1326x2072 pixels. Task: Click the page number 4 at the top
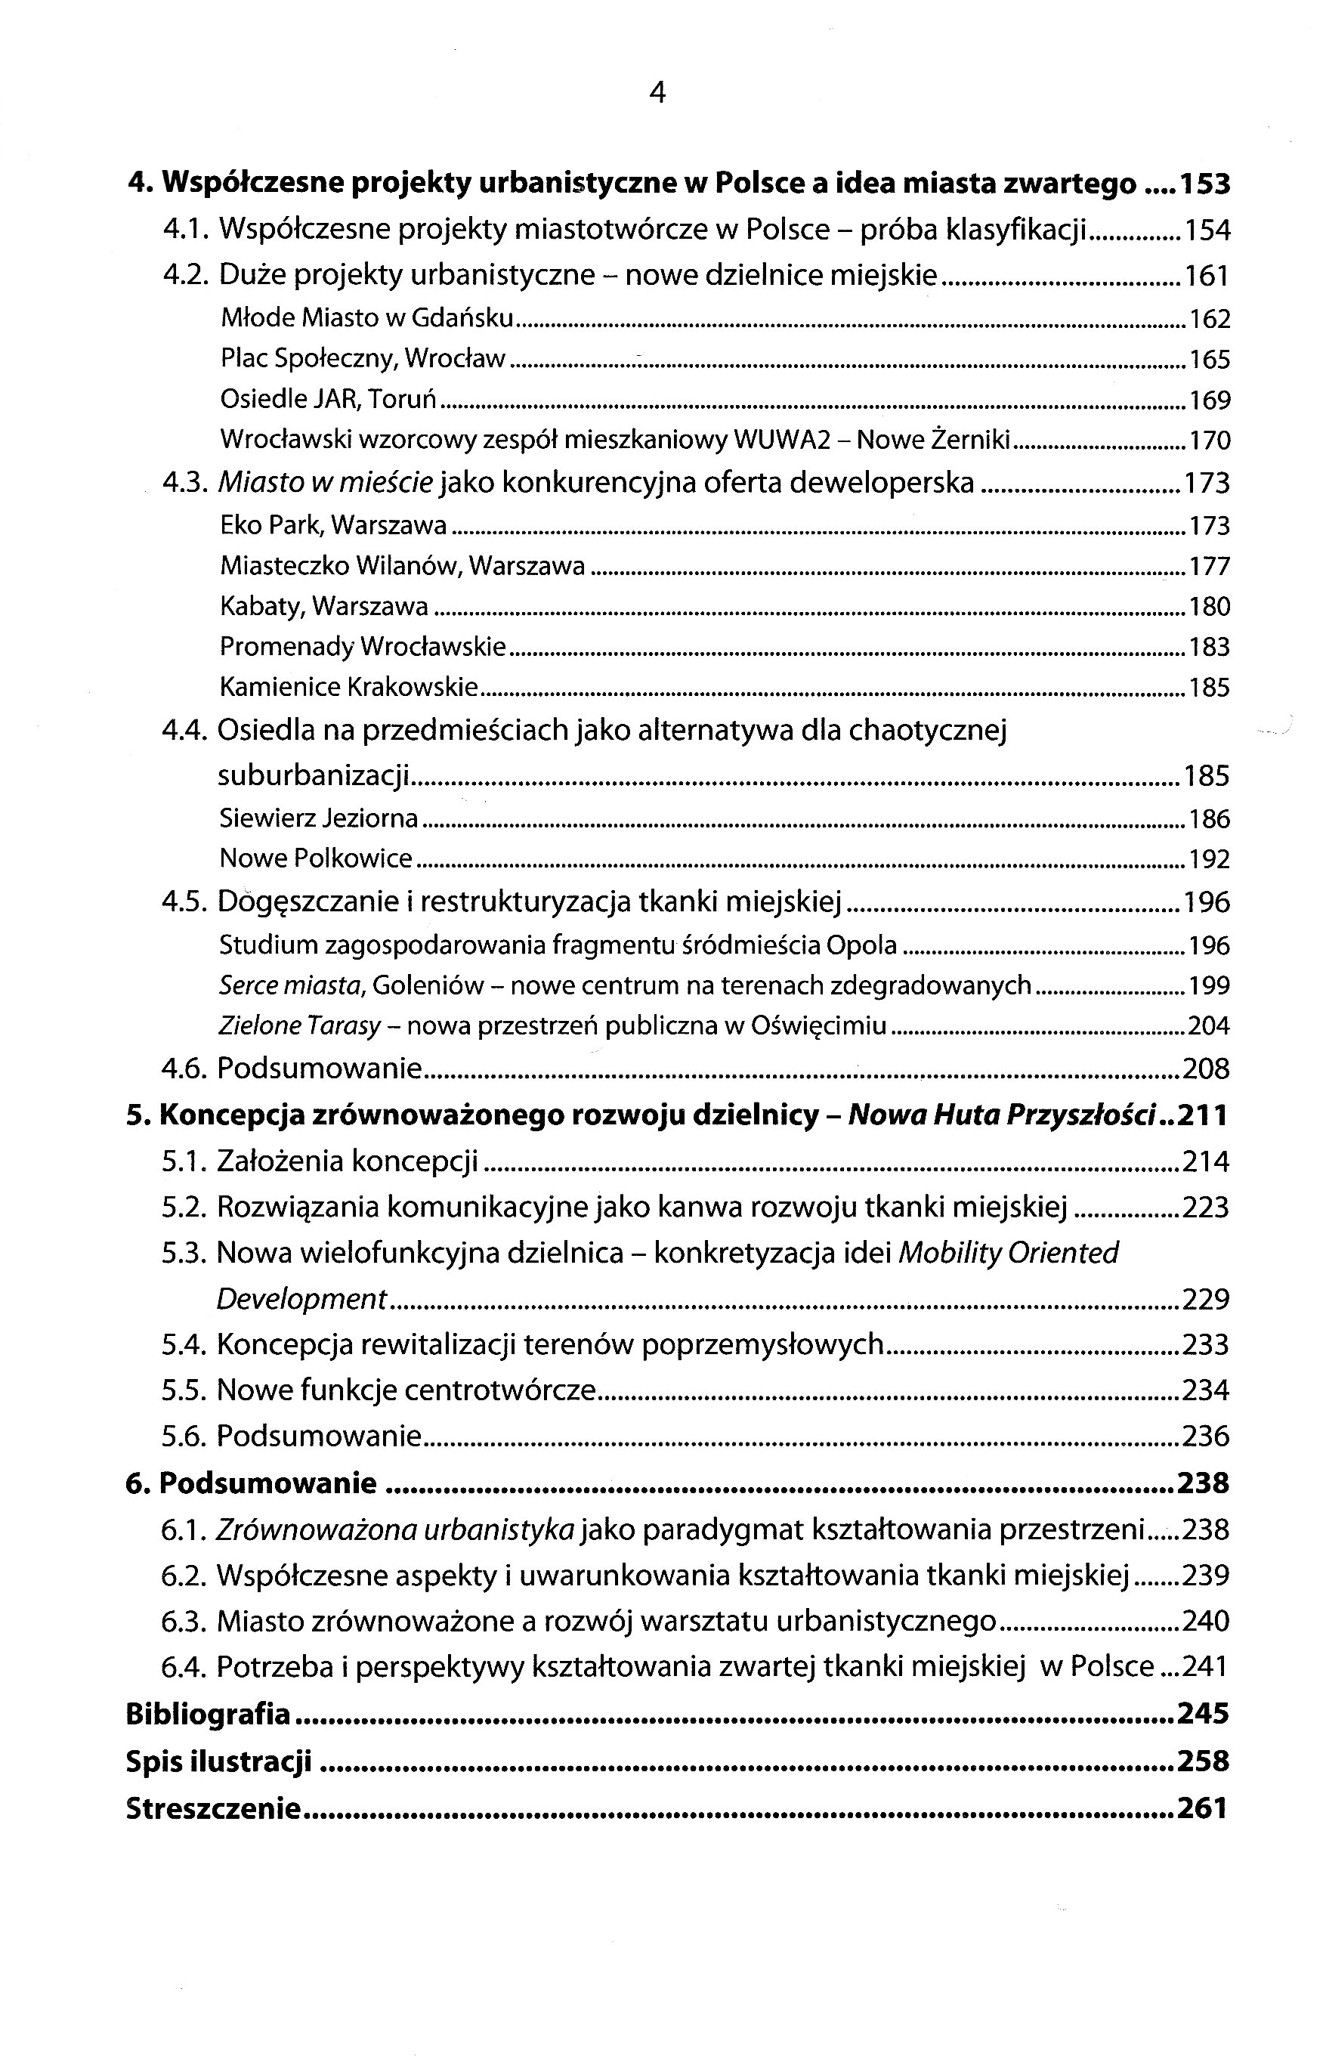pos(657,92)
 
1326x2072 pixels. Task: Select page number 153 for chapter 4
pos(1204,184)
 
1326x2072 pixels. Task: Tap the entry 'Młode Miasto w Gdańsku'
pos(366,319)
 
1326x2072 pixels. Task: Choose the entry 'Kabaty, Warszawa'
pos(323,607)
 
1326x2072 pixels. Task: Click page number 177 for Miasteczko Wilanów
pos(1209,567)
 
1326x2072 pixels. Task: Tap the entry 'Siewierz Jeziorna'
pos(319,818)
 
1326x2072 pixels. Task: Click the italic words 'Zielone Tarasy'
pos(300,1025)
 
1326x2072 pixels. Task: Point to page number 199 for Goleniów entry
pos(1209,985)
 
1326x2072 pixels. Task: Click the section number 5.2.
pos(184,1208)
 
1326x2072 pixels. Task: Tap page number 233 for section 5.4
pos(1205,1344)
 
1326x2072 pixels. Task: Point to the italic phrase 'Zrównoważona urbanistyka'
pos(395,1529)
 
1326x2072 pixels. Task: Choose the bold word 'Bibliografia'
pos(208,1714)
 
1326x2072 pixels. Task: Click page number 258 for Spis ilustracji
pos(1203,1761)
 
